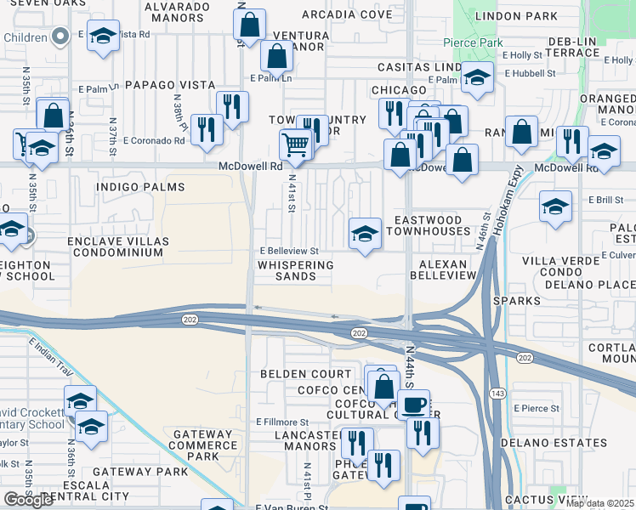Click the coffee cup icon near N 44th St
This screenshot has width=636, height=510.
415,405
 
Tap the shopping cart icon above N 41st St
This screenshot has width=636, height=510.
295,144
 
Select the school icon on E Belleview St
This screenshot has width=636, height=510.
365,232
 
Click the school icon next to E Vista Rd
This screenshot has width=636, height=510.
103,37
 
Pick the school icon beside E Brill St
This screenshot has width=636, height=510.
555,207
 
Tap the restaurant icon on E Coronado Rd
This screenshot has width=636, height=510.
207,129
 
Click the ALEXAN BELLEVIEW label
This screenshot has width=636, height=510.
443,270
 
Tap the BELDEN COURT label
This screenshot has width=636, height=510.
305,374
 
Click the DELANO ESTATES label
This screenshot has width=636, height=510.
554,443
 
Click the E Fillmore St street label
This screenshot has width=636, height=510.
282,422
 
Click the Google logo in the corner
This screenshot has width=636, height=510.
28,500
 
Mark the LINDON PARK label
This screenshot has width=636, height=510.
515,16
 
